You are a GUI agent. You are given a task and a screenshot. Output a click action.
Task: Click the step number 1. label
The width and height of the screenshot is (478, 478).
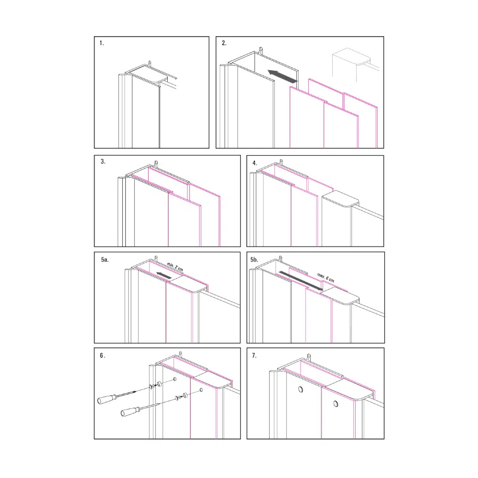point(101,43)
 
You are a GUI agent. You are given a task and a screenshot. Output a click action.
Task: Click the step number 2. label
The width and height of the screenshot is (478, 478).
point(224,43)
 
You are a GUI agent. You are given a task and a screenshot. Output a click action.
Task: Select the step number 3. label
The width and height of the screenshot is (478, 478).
point(103,162)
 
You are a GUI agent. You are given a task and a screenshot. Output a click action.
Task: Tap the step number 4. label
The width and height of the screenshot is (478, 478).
point(255,163)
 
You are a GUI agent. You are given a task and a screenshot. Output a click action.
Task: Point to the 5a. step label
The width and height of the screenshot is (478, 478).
point(105,260)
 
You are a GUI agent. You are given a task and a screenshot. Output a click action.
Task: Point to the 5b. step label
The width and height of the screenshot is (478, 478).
point(254,260)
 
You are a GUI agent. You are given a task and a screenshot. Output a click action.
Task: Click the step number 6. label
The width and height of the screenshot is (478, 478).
point(102,356)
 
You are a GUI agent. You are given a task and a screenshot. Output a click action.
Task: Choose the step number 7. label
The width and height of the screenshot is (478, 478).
point(254,356)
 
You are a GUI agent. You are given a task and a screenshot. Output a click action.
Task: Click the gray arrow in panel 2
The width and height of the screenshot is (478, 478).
point(282,76)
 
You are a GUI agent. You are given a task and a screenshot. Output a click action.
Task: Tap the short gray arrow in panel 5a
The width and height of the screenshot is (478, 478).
point(163,275)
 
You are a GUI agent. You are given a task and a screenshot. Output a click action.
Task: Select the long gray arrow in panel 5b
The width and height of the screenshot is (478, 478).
point(301,281)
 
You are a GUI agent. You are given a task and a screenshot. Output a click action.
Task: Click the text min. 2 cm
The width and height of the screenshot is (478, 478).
point(175,267)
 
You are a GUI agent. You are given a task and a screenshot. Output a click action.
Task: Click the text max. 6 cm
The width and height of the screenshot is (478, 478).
point(326,277)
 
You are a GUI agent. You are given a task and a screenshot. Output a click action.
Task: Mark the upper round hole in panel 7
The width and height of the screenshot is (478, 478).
point(301,389)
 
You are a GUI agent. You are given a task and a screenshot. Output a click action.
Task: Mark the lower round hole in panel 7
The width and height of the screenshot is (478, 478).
point(336,403)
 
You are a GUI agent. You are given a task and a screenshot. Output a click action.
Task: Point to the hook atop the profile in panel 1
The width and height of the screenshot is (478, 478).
point(149,63)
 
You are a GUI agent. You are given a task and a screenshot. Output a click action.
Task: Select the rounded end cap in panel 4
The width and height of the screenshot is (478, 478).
point(340,199)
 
